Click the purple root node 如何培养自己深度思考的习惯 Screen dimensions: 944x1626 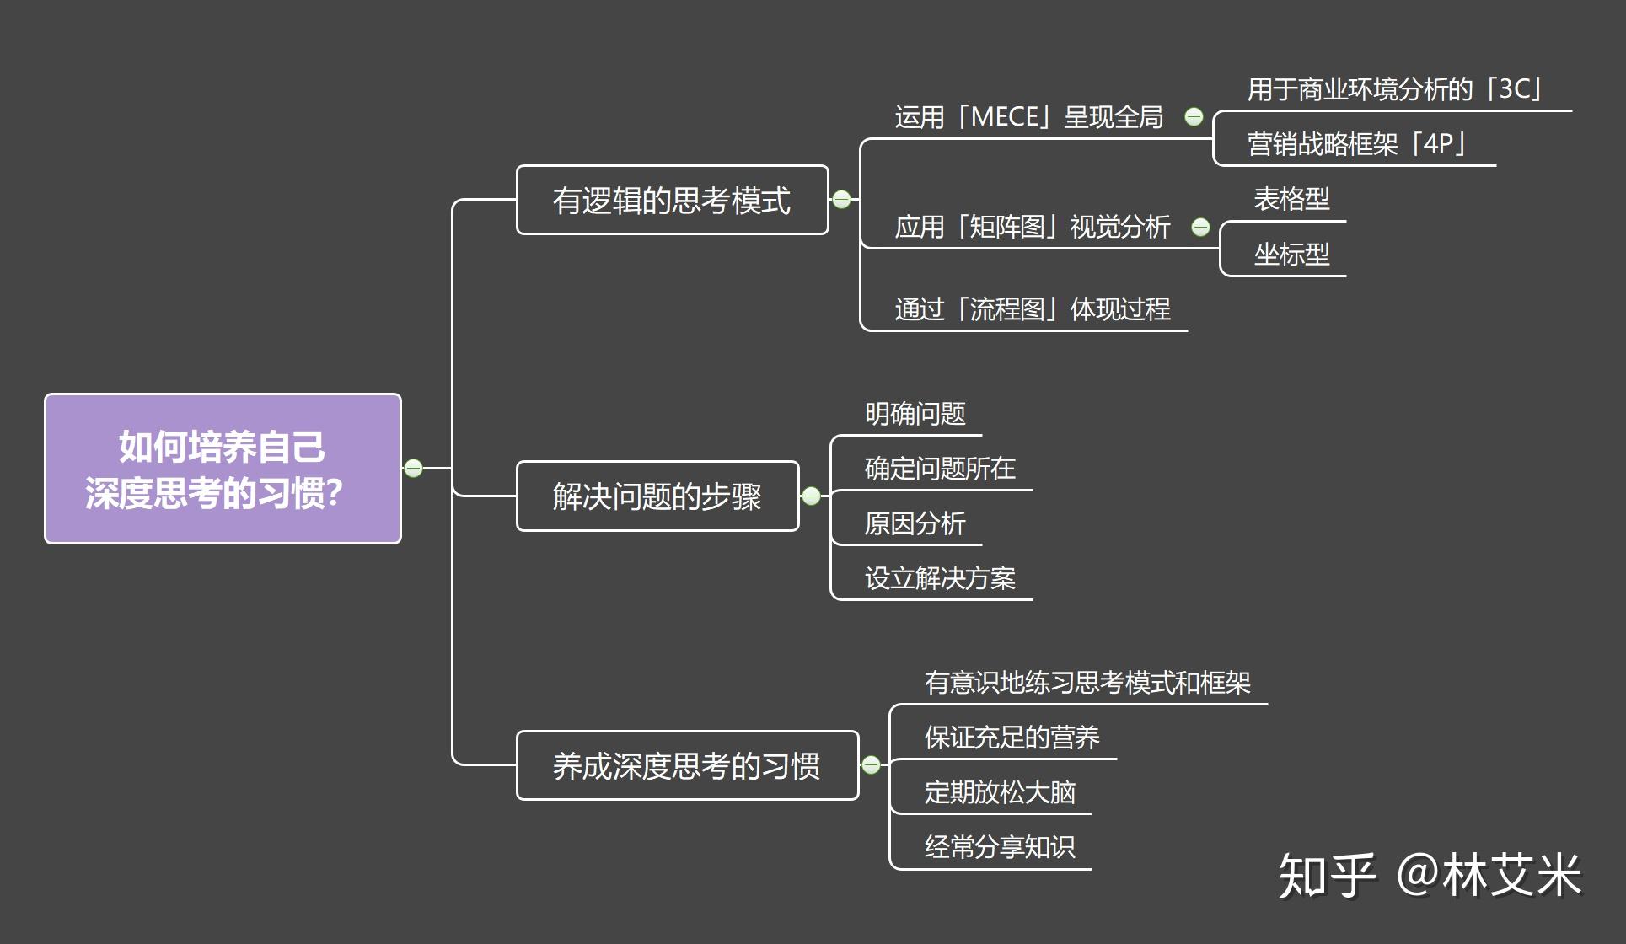(223, 469)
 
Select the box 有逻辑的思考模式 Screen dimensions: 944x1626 (672, 201)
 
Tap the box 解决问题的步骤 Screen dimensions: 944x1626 (657, 496)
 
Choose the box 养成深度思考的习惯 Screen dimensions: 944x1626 (686, 765)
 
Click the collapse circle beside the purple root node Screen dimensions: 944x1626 (413, 468)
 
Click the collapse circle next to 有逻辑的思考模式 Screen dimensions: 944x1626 (841, 199)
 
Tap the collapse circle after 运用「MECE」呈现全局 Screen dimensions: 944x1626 (1194, 117)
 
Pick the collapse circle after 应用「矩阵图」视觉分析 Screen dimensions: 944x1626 (1200, 227)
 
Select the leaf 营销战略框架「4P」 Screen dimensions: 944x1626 (1356, 144)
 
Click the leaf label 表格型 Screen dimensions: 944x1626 (1291, 200)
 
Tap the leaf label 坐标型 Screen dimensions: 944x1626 (1291, 255)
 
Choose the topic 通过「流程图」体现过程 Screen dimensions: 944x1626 (1032, 309)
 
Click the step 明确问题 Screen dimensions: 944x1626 (915, 414)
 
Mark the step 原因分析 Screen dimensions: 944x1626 (915, 523)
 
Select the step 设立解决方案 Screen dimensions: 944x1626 (940, 578)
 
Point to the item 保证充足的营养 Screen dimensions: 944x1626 (1012, 737)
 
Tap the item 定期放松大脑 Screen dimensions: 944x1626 (1000, 792)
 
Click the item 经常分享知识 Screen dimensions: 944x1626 (1000, 847)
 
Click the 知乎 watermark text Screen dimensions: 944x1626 (1327, 876)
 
